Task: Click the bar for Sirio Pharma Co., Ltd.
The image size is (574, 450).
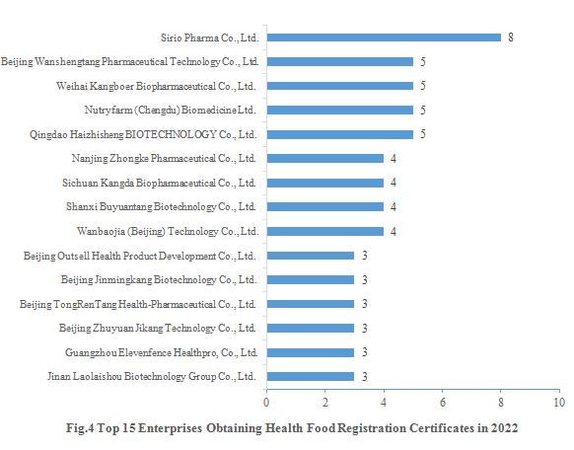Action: pos(384,37)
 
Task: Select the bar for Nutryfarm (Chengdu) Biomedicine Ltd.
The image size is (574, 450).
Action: pos(339,110)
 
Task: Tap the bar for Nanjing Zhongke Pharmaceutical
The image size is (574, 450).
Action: pos(324,158)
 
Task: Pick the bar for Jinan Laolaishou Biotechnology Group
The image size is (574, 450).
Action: pos(310,376)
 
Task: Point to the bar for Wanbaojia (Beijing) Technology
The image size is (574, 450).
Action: pos(324,231)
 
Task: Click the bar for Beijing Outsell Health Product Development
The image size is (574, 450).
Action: pos(310,256)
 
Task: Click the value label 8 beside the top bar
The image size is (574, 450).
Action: pos(511,37)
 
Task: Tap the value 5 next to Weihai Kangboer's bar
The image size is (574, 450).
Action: pos(422,86)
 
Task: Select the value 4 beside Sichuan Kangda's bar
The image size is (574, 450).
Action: pos(393,183)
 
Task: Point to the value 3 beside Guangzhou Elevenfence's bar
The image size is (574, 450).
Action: pos(363,352)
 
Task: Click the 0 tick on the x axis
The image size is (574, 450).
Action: pos(266,403)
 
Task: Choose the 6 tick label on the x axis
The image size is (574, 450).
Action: pos(442,403)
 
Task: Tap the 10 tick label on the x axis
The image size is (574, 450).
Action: pos(559,403)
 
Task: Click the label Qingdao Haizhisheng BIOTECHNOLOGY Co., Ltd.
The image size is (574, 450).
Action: pos(158,134)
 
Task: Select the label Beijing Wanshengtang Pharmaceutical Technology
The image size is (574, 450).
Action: pos(129,62)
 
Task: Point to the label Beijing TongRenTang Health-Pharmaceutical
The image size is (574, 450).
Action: pos(138,304)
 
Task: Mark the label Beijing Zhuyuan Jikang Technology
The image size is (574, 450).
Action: pos(158,328)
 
